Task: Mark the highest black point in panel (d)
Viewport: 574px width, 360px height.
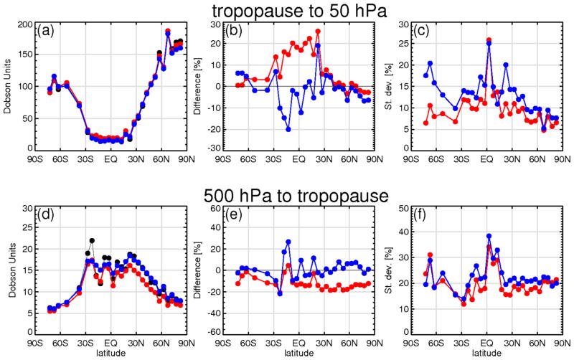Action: pos(92,241)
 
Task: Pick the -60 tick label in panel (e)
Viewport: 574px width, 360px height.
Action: pos(213,333)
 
